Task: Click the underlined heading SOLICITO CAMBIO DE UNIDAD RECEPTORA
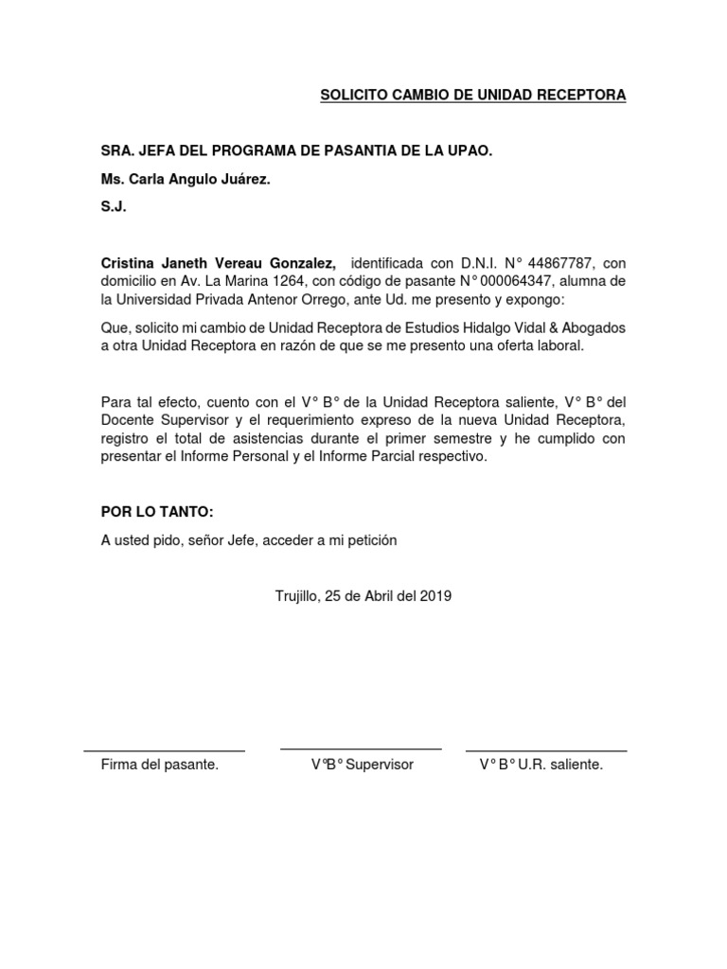(473, 96)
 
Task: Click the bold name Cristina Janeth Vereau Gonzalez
(219, 262)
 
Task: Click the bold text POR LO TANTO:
(158, 512)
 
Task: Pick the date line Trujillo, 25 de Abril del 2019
(363, 596)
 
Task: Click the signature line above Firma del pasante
(165, 750)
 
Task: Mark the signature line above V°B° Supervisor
(361, 749)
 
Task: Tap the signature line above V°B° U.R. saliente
(545, 750)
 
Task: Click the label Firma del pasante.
(160, 765)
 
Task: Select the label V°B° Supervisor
(363, 765)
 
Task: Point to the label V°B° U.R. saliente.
(541, 765)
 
